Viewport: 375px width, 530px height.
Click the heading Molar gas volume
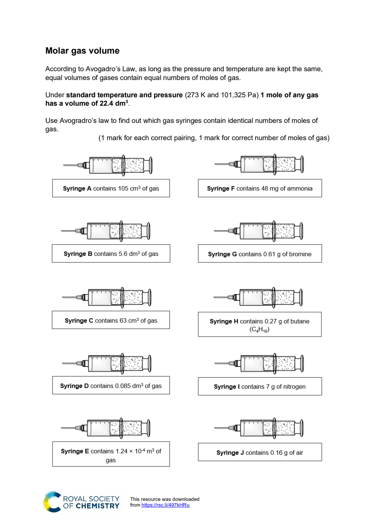(x=82, y=51)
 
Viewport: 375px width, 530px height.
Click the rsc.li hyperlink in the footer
(x=165, y=505)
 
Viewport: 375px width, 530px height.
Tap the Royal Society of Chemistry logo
(x=81, y=502)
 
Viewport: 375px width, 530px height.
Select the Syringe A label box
(x=111, y=188)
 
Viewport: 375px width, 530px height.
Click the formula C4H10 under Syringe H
(x=260, y=329)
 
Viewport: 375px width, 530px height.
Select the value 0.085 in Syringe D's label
(x=123, y=386)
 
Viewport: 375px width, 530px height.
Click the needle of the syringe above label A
(x=70, y=165)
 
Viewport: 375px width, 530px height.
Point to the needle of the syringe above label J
(x=222, y=428)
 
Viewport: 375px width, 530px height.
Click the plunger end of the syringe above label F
(x=302, y=164)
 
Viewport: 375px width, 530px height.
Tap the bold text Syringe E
(x=75, y=451)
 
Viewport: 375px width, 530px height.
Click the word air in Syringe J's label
(x=299, y=453)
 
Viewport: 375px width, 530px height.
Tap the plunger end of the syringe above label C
(x=150, y=298)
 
